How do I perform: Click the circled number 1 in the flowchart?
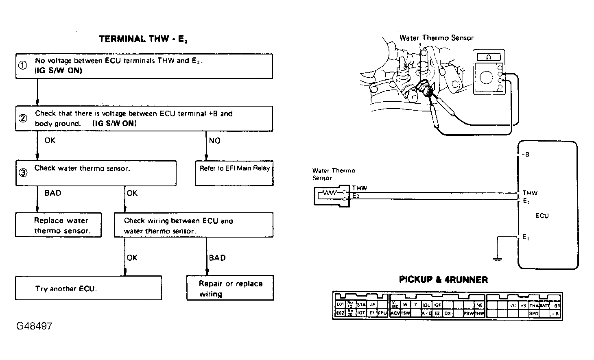click(x=23, y=65)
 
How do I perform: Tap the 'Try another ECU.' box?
click(x=88, y=288)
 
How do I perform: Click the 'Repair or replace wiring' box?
click(x=230, y=288)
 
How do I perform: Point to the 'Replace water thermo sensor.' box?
click(x=59, y=225)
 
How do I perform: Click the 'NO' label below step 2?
click(x=214, y=141)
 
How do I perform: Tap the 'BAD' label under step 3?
click(x=53, y=193)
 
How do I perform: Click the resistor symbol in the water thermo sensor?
click(x=330, y=194)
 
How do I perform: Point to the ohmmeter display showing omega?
click(x=489, y=57)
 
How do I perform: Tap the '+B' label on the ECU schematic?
click(x=525, y=155)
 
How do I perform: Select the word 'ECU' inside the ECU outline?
click(x=542, y=216)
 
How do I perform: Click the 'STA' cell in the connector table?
click(x=361, y=305)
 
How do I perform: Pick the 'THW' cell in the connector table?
click(x=479, y=314)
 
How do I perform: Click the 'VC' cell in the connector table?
click(x=513, y=305)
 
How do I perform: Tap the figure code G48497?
click(x=35, y=326)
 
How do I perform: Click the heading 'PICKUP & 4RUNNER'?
click(x=443, y=280)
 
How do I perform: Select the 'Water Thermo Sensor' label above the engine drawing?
click(x=436, y=38)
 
